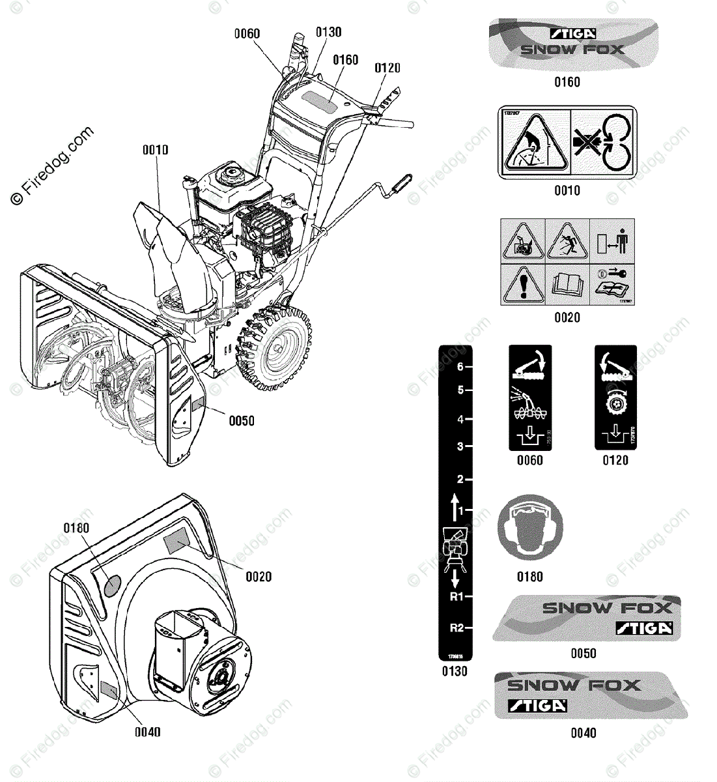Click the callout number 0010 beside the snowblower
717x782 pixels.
tap(156, 150)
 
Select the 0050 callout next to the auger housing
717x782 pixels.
tap(241, 421)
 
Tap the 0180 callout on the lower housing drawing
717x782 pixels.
tap(76, 528)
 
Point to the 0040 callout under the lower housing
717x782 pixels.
tap(148, 732)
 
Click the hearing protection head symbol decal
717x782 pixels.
tap(529, 527)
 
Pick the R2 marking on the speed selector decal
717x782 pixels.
tap(457, 628)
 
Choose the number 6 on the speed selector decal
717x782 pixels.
tap(460, 367)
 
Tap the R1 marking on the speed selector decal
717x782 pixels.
tap(457, 596)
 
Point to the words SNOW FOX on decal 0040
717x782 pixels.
tap(573, 685)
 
